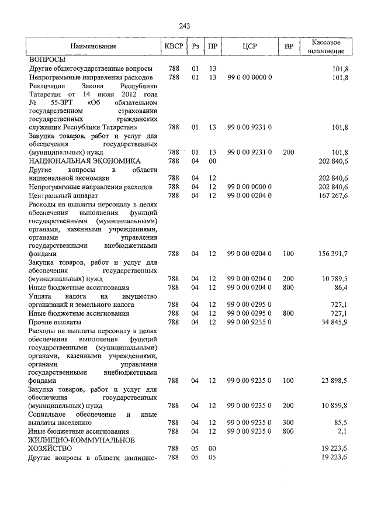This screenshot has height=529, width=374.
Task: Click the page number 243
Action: pos(185,26)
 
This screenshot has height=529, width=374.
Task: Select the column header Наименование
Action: pos(93,46)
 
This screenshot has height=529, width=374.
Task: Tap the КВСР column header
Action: pos(173,46)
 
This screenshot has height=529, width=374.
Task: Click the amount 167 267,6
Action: pos(333,195)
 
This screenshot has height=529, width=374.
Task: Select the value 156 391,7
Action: pos(334,254)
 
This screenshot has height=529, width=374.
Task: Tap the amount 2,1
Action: pos(342,431)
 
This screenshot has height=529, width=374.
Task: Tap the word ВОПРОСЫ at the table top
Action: pos(47,60)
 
